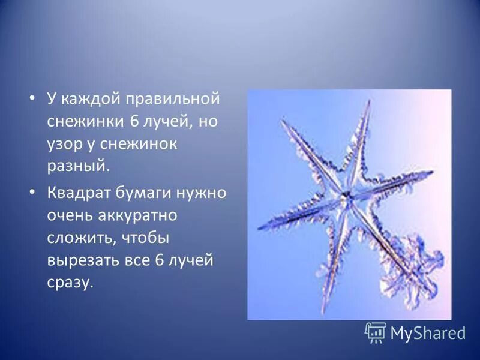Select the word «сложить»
tap(77, 239)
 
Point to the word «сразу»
tap(71, 283)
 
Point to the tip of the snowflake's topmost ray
tap(367, 101)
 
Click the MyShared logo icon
tap(376, 332)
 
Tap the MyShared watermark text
tap(428, 333)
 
